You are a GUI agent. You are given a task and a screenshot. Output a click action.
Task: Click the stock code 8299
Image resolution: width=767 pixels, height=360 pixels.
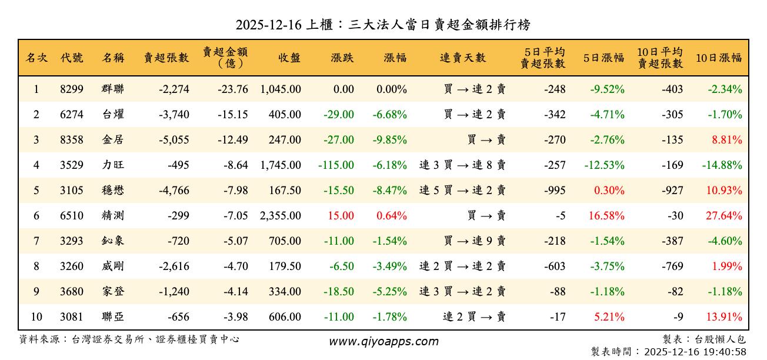coord(72,90)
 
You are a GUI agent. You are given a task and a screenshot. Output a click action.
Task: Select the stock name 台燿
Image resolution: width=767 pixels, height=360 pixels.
coord(113,115)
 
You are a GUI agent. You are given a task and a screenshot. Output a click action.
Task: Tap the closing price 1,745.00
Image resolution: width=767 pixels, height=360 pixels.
coord(281,165)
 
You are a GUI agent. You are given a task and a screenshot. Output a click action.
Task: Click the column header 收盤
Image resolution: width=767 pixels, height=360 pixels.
coord(289,58)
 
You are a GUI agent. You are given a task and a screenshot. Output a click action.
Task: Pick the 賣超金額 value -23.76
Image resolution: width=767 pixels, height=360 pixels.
coord(232,90)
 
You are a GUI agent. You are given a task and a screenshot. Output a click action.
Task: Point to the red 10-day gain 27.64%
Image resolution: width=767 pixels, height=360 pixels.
coord(723,216)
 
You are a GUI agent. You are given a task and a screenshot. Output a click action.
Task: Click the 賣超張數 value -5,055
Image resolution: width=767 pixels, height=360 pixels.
coord(174,140)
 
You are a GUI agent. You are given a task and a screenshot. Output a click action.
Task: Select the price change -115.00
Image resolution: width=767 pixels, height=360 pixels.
coord(336,165)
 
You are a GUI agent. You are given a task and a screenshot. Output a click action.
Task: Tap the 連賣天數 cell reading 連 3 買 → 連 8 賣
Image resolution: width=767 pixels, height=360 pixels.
coord(462,165)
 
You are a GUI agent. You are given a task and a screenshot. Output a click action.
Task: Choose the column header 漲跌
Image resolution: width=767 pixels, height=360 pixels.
coord(342,58)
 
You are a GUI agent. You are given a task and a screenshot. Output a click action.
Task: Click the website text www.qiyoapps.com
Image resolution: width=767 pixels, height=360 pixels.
coord(383,342)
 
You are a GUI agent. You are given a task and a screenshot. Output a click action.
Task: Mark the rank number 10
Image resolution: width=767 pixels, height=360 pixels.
coord(36,317)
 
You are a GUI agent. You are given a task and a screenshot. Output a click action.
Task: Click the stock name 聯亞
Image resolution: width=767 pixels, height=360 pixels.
coord(113,317)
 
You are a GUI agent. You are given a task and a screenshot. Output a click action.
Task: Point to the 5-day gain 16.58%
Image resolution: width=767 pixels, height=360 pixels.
coord(606,216)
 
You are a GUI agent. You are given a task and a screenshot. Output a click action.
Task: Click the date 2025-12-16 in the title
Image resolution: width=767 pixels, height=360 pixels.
coord(268,25)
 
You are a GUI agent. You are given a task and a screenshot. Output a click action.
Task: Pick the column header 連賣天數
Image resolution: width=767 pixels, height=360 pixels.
coord(463,58)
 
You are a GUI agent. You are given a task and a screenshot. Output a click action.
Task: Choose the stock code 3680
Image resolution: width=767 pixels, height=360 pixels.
coord(72,292)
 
